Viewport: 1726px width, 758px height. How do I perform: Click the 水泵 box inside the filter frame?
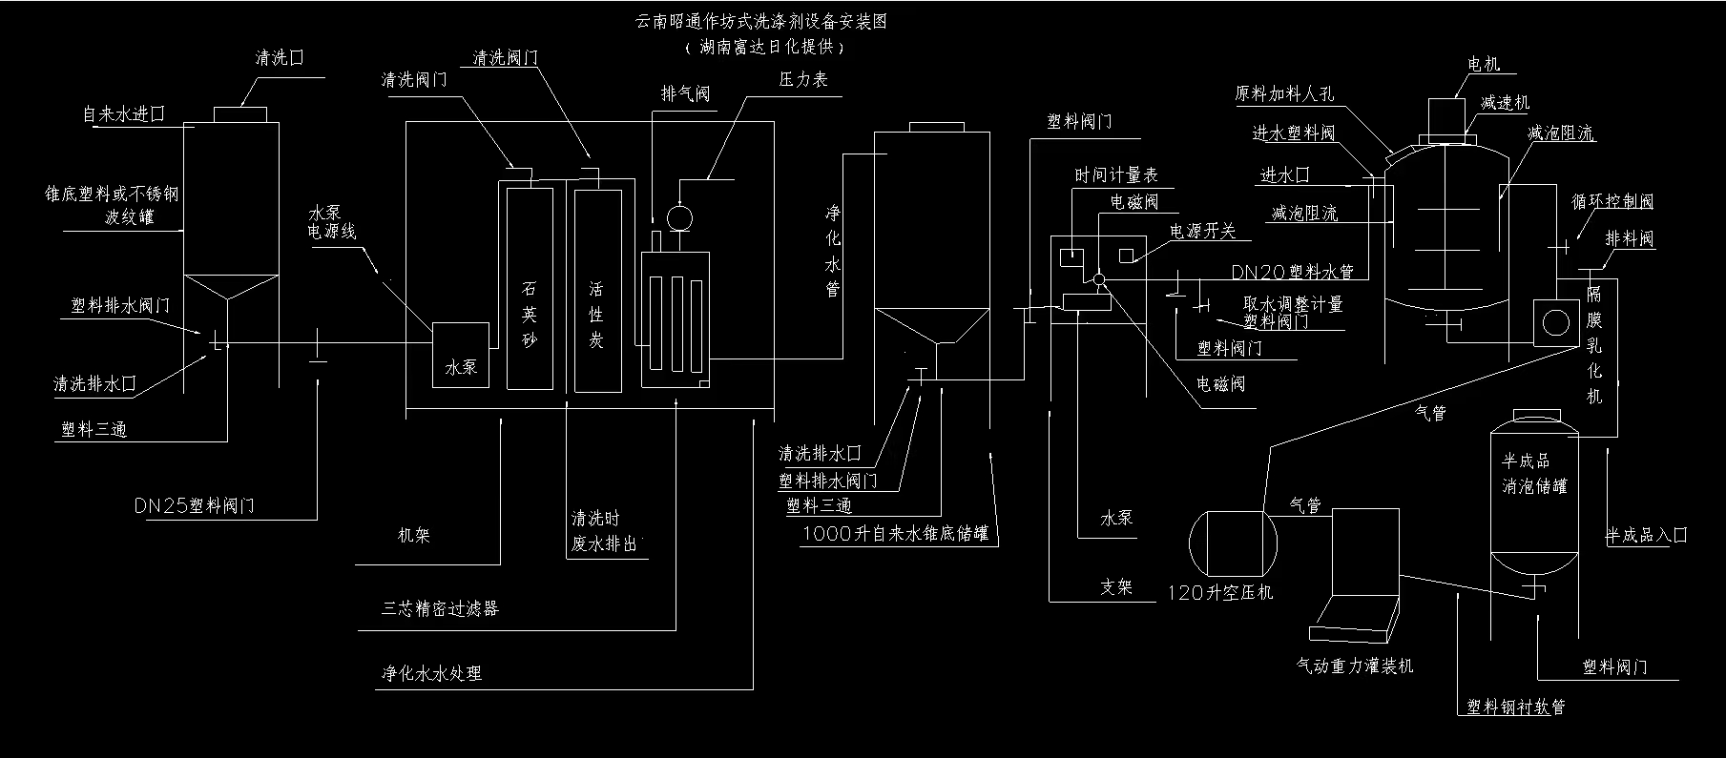(461, 354)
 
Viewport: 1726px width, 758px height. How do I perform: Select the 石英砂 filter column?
(530, 289)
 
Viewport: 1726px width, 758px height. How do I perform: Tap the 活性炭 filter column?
(597, 289)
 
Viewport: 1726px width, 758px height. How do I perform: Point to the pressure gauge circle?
(679, 218)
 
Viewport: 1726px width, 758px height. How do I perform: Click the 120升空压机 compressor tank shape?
(1233, 543)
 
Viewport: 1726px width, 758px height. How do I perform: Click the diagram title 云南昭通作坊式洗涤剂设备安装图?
(760, 21)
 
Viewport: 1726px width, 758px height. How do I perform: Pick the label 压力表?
(803, 80)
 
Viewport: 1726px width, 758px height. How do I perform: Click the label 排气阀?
(686, 93)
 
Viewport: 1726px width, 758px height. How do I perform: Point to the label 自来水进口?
(124, 114)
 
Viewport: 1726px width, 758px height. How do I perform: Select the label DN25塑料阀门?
(208, 505)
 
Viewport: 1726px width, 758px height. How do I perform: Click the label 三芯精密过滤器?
(440, 608)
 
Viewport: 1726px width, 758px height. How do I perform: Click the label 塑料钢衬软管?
(1515, 707)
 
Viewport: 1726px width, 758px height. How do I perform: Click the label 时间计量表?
(1116, 175)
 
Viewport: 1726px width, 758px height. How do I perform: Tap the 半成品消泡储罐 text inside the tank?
(1534, 474)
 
